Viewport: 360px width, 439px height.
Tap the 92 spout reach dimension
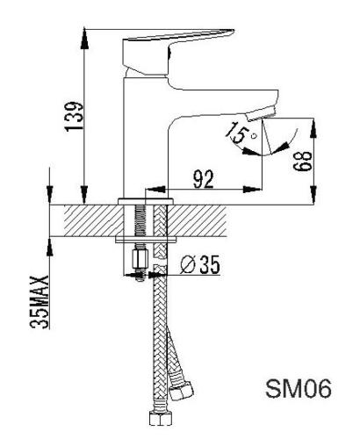pos(204,179)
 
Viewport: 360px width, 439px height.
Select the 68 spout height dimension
pos(303,161)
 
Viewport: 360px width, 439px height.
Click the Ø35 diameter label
pos(200,264)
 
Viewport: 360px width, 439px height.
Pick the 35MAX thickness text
pos(40,302)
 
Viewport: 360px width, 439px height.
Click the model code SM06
pos(299,388)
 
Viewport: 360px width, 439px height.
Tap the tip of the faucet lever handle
pos(234,30)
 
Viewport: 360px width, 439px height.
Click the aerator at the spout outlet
pos(261,113)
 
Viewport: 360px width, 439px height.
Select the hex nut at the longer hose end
pos(160,418)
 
